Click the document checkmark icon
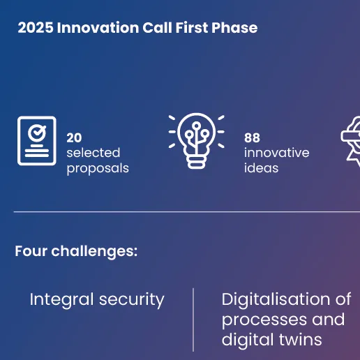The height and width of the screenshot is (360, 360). (x=37, y=140)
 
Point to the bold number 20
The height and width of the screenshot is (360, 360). (x=74, y=138)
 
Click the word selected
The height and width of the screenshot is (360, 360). (x=93, y=153)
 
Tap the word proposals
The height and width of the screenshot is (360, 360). (x=98, y=168)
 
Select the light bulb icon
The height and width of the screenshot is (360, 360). (x=196, y=140)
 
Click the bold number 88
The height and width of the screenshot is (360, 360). (x=252, y=138)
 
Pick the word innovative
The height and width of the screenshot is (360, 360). (x=276, y=153)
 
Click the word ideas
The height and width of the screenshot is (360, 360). (x=261, y=168)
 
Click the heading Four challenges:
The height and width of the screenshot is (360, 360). (x=76, y=251)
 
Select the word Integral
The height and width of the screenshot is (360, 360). (x=61, y=300)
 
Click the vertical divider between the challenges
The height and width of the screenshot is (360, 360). (x=193, y=320)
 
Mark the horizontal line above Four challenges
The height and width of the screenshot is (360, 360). (x=181, y=211)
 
